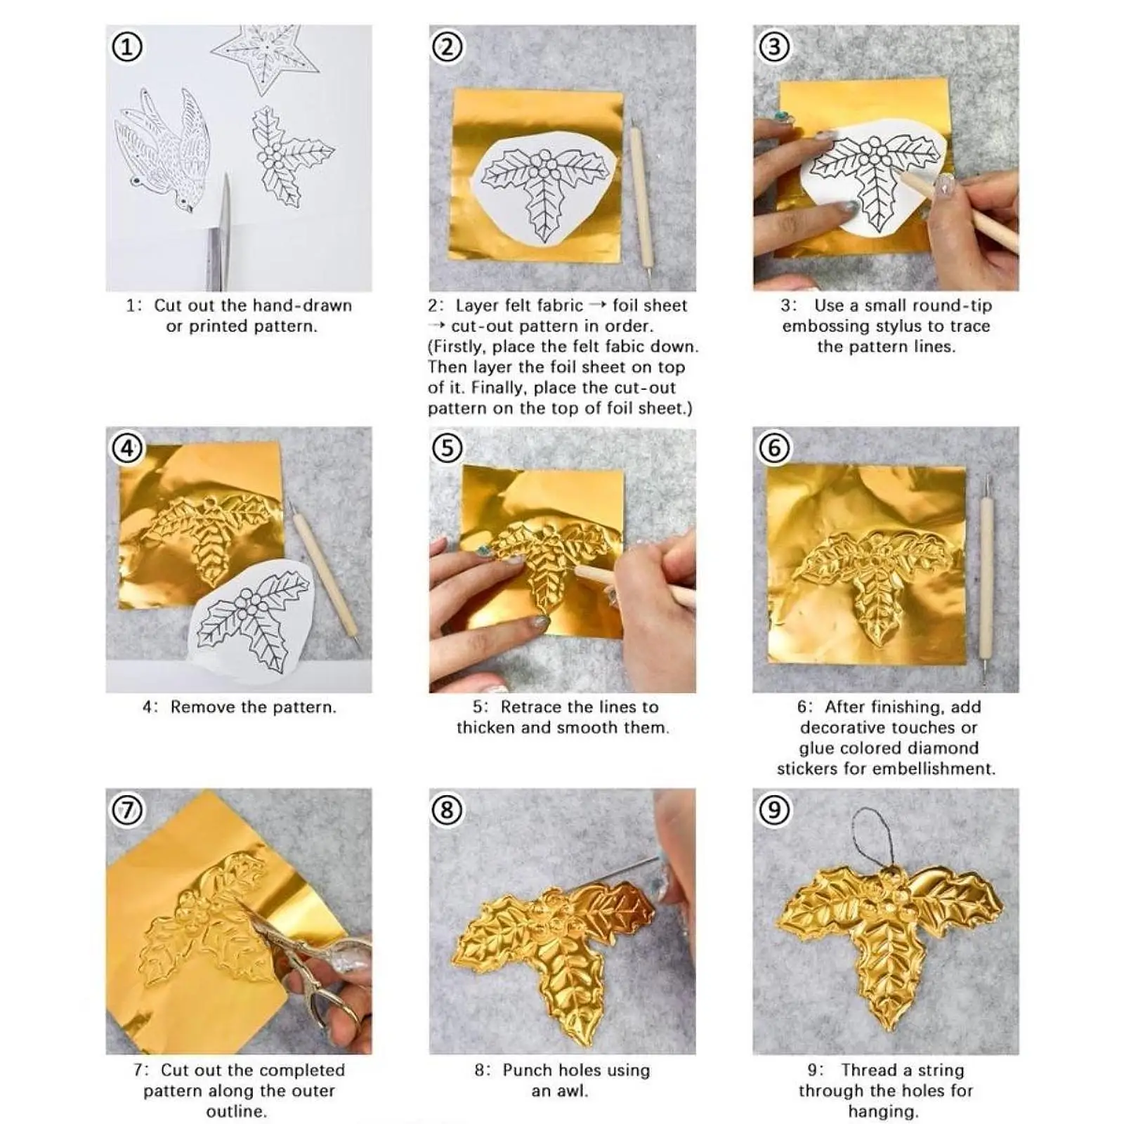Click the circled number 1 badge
127,47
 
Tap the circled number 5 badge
447,448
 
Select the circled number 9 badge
774,810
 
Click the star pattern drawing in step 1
266,57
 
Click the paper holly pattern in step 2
547,188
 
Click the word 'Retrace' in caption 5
531,707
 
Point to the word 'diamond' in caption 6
943,748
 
